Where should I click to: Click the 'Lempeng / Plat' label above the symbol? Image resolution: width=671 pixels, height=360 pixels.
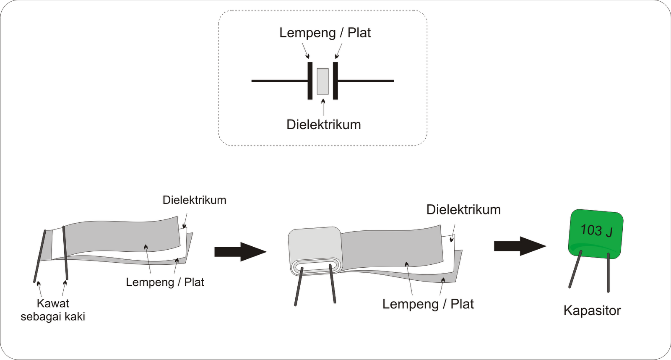point(325,33)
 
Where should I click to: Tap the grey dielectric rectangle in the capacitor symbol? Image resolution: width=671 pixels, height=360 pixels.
point(322,81)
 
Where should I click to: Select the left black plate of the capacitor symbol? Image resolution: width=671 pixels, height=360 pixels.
point(310,81)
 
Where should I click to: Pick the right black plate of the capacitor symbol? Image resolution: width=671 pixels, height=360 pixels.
point(335,81)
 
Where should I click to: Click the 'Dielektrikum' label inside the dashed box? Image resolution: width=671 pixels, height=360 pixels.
point(323,125)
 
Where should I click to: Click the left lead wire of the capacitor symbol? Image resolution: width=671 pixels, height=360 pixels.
point(279,81)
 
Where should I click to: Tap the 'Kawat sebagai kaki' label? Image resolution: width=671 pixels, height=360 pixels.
point(53,310)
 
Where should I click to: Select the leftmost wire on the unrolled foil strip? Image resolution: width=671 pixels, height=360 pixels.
point(40,256)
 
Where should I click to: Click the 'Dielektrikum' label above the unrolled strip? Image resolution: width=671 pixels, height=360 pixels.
point(194,200)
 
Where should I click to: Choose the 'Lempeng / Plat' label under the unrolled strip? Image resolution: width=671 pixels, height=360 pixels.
point(165,282)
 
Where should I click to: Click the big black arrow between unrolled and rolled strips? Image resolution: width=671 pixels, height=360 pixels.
point(240,252)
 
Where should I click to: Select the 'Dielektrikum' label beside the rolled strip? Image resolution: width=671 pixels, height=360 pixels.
point(463,210)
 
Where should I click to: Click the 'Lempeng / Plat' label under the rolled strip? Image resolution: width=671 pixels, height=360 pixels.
point(428,304)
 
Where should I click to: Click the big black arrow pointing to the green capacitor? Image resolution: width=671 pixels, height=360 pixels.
point(520,246)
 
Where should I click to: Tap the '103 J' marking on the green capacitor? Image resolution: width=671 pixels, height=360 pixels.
point(596,230)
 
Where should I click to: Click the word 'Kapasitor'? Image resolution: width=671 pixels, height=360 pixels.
point(592,311)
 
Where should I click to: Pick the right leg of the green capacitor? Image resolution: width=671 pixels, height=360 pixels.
point(608,273)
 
